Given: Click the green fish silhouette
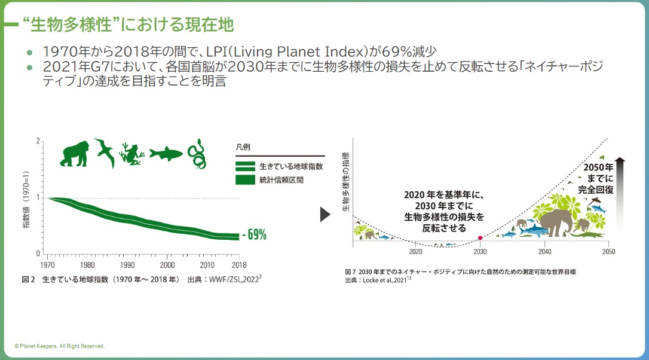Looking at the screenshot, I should [166, 154].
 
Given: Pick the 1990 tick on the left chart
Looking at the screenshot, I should [127, 264].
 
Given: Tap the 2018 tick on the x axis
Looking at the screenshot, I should [239, 264].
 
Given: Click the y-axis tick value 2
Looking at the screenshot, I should [38, 142].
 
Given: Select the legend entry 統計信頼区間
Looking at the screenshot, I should [281, 179].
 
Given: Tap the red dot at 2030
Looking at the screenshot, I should [480, 238].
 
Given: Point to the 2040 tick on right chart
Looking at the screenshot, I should [544, 252].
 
